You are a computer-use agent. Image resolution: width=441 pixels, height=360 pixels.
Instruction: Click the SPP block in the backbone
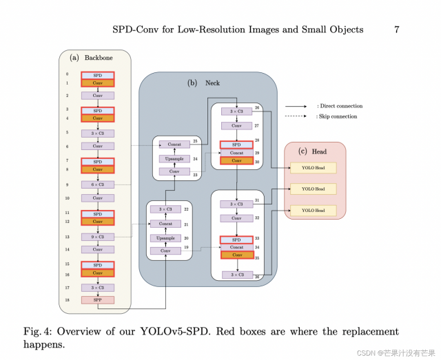tap(97, 300)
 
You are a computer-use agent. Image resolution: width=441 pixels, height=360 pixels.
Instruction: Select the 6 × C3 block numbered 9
tap(97, 185)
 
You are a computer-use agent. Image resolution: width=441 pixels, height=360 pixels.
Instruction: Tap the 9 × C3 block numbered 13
tap(97, 237)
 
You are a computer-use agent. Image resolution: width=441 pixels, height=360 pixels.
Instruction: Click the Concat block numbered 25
tap(174, 145)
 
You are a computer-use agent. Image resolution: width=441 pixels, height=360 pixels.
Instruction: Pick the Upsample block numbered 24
tap(174, 158)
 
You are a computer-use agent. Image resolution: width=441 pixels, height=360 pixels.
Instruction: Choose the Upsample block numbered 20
tap(165, 237)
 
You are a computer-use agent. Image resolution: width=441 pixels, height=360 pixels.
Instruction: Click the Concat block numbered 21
tap(165, 224)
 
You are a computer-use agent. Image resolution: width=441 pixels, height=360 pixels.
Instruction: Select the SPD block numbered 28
tap(236, 145)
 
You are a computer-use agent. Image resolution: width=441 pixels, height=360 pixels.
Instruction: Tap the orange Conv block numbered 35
tap(236, 255)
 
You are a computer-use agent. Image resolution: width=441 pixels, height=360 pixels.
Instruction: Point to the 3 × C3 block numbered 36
tap(236, 275)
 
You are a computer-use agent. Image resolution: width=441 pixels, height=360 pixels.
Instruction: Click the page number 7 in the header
tap(396, 30)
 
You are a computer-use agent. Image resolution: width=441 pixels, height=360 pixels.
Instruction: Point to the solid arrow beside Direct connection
tap(297, 107)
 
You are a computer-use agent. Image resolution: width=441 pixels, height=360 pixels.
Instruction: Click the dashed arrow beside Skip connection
tap(297, 117)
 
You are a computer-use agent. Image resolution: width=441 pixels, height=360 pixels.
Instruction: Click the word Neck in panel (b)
tap(212, 83)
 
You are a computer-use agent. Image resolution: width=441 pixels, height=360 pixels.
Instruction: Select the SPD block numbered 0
tap(97, 74)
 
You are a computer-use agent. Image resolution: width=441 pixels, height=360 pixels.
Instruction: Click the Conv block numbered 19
tap(165, 251)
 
